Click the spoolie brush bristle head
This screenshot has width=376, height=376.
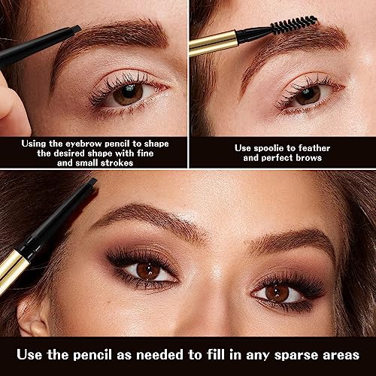coord(294,25)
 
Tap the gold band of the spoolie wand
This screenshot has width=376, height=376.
coord(213,43)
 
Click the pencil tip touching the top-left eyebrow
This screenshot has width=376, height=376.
coord(76,29)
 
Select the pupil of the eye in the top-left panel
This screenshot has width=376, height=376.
coord(129,91)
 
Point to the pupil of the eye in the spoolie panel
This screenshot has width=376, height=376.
coord(308,93)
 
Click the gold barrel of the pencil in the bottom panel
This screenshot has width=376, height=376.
coord(13,271)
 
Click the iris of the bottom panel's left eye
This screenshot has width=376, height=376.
coord(149,271)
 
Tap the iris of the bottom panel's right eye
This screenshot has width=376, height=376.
coord(277,293)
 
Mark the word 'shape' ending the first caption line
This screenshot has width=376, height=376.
coord(156,144)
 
